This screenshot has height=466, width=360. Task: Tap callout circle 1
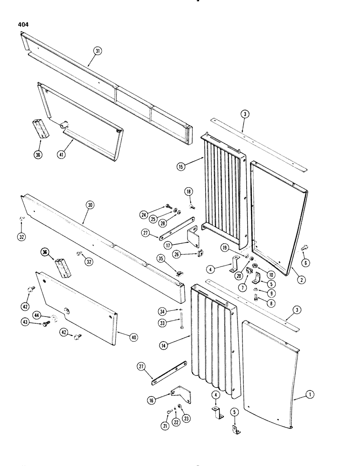(309, 394)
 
